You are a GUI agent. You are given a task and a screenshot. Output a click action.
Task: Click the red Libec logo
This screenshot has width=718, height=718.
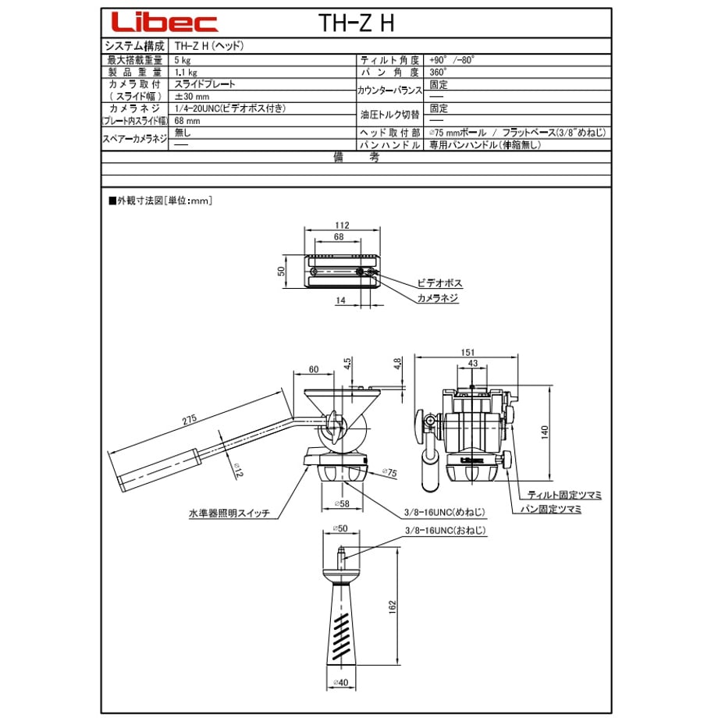[165, 22]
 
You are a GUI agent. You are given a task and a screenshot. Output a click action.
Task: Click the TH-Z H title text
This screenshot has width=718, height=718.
[356, 23]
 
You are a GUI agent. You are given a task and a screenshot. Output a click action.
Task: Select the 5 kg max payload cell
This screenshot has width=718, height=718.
[183, 60]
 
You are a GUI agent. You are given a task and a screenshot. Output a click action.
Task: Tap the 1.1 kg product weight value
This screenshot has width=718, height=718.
[186, 73]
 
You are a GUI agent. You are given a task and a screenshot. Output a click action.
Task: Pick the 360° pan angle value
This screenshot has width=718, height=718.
[439, 72]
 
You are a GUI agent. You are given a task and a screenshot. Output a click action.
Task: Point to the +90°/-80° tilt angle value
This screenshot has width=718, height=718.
[452, 60]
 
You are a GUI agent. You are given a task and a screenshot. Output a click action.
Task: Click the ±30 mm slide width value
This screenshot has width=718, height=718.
[191, 97]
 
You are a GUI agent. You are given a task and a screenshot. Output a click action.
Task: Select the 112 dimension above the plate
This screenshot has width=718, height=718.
[342, 225]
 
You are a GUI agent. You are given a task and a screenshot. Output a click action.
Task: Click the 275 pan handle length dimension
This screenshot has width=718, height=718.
[189, 419]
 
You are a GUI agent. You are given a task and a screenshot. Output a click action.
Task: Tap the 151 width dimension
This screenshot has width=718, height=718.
[467, 352]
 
